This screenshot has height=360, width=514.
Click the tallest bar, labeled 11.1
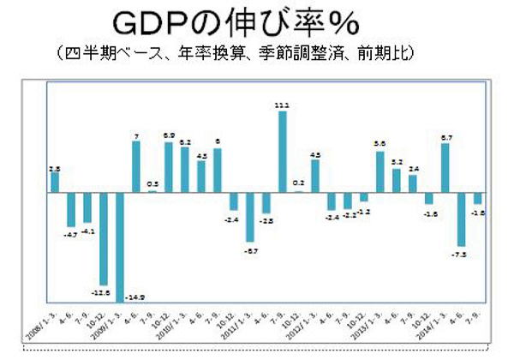point(283,152)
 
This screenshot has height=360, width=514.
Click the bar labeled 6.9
point(169,167)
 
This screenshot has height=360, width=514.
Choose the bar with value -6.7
point(250,217)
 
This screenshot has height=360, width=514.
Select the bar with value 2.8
point(55,183)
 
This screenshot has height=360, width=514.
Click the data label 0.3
point(152,183)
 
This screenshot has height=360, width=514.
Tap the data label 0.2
point(299,183)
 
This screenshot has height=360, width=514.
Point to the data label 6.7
point(445,136)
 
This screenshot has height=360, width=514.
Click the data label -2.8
point(266,220)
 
